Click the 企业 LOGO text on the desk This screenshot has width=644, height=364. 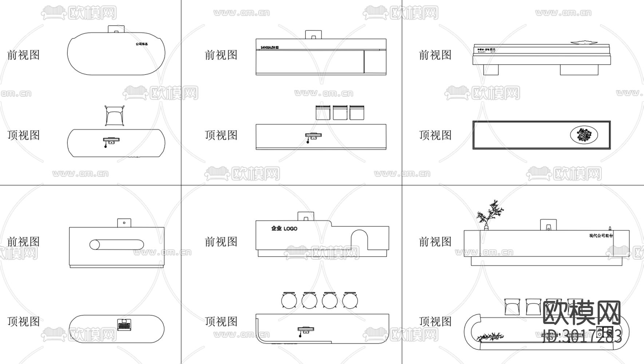pos(284,229)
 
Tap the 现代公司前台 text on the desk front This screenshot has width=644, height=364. pos(601,236)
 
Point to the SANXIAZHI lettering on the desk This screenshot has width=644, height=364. pos(269,47)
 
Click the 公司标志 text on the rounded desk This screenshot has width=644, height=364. pos(142,44)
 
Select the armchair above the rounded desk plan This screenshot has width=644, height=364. pos(115,115)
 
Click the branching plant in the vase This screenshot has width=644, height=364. pos(489,215)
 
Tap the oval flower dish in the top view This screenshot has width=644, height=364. pos(584,135)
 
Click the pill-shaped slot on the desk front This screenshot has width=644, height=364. pos(116,245)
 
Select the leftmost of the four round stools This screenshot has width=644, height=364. pos(289,301)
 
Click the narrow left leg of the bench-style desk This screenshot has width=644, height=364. pos(490,70)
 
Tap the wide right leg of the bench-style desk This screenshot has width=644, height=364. pos(579,70)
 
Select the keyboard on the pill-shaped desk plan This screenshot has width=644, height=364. pos(125,324)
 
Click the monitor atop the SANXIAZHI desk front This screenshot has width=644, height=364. pos(313,35)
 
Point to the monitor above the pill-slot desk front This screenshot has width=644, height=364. pos(124,223)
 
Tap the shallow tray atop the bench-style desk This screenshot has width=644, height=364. pos(584,43)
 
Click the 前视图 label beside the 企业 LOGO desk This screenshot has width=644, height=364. pos(221,242)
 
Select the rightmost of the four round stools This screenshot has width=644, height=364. pos(350,301)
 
